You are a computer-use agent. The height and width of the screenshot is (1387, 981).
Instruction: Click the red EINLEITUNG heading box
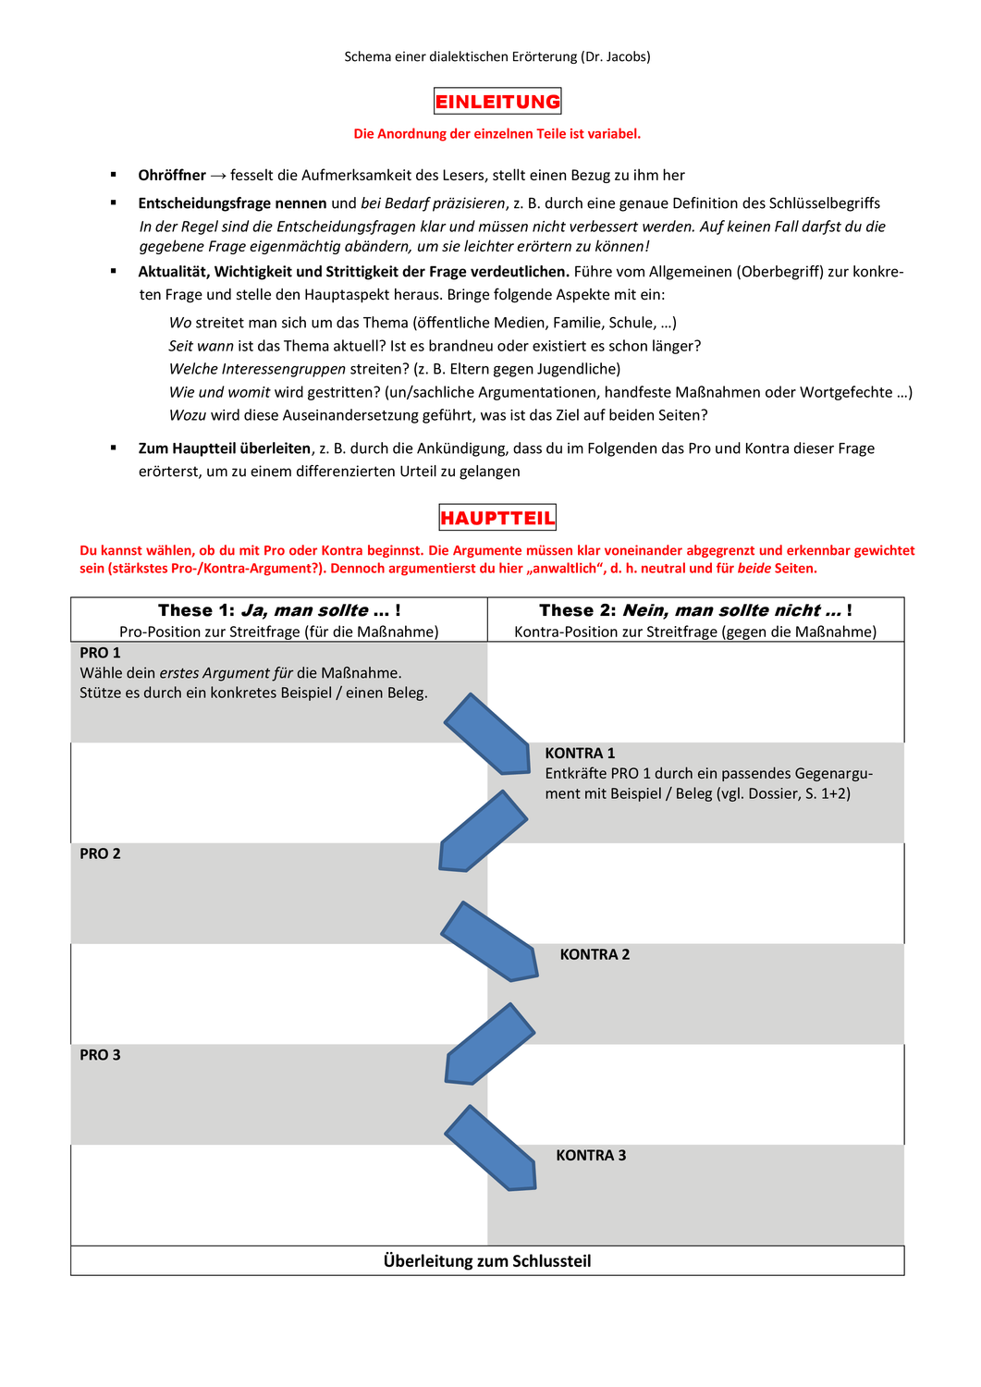497,102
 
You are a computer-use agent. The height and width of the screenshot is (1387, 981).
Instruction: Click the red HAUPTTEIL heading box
497,518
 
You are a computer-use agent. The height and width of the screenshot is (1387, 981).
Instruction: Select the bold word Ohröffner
172,175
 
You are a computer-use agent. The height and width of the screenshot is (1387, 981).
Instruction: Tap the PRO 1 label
100,653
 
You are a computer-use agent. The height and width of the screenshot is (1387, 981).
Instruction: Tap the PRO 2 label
100,853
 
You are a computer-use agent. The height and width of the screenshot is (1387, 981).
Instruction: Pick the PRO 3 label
100,1055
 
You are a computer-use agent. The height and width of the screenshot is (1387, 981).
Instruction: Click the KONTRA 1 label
580,754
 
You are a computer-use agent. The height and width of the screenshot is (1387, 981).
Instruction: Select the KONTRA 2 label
595,954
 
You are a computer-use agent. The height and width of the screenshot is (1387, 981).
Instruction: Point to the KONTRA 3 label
591,1155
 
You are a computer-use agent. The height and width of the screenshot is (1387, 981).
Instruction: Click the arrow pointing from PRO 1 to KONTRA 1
488,734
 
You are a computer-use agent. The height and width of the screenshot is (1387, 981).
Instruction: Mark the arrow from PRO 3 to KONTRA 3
491,1149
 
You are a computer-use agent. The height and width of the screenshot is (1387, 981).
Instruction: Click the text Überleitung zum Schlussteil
487,1261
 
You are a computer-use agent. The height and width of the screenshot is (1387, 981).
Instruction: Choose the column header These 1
279,610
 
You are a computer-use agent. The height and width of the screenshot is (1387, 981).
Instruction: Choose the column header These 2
695,610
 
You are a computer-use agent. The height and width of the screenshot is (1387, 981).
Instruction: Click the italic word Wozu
188,415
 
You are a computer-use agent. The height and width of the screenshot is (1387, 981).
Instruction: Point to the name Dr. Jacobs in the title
616,56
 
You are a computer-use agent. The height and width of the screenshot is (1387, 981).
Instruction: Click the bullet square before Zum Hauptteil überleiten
114,448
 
